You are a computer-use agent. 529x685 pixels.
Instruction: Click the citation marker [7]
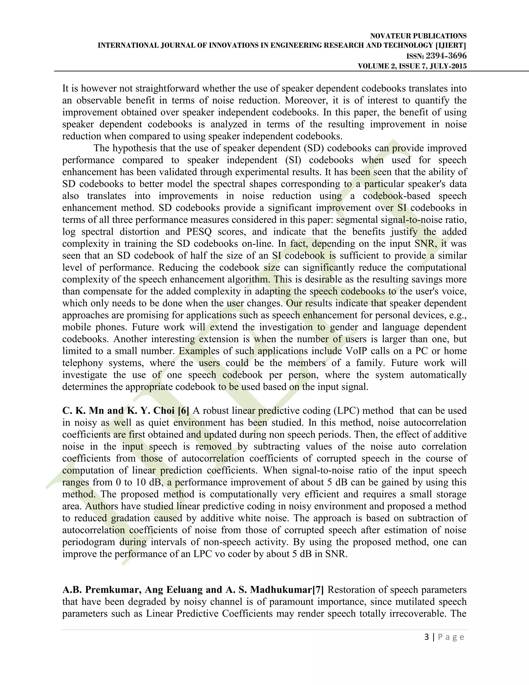point(318,590)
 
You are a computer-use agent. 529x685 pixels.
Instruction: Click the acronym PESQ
point(199,232)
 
